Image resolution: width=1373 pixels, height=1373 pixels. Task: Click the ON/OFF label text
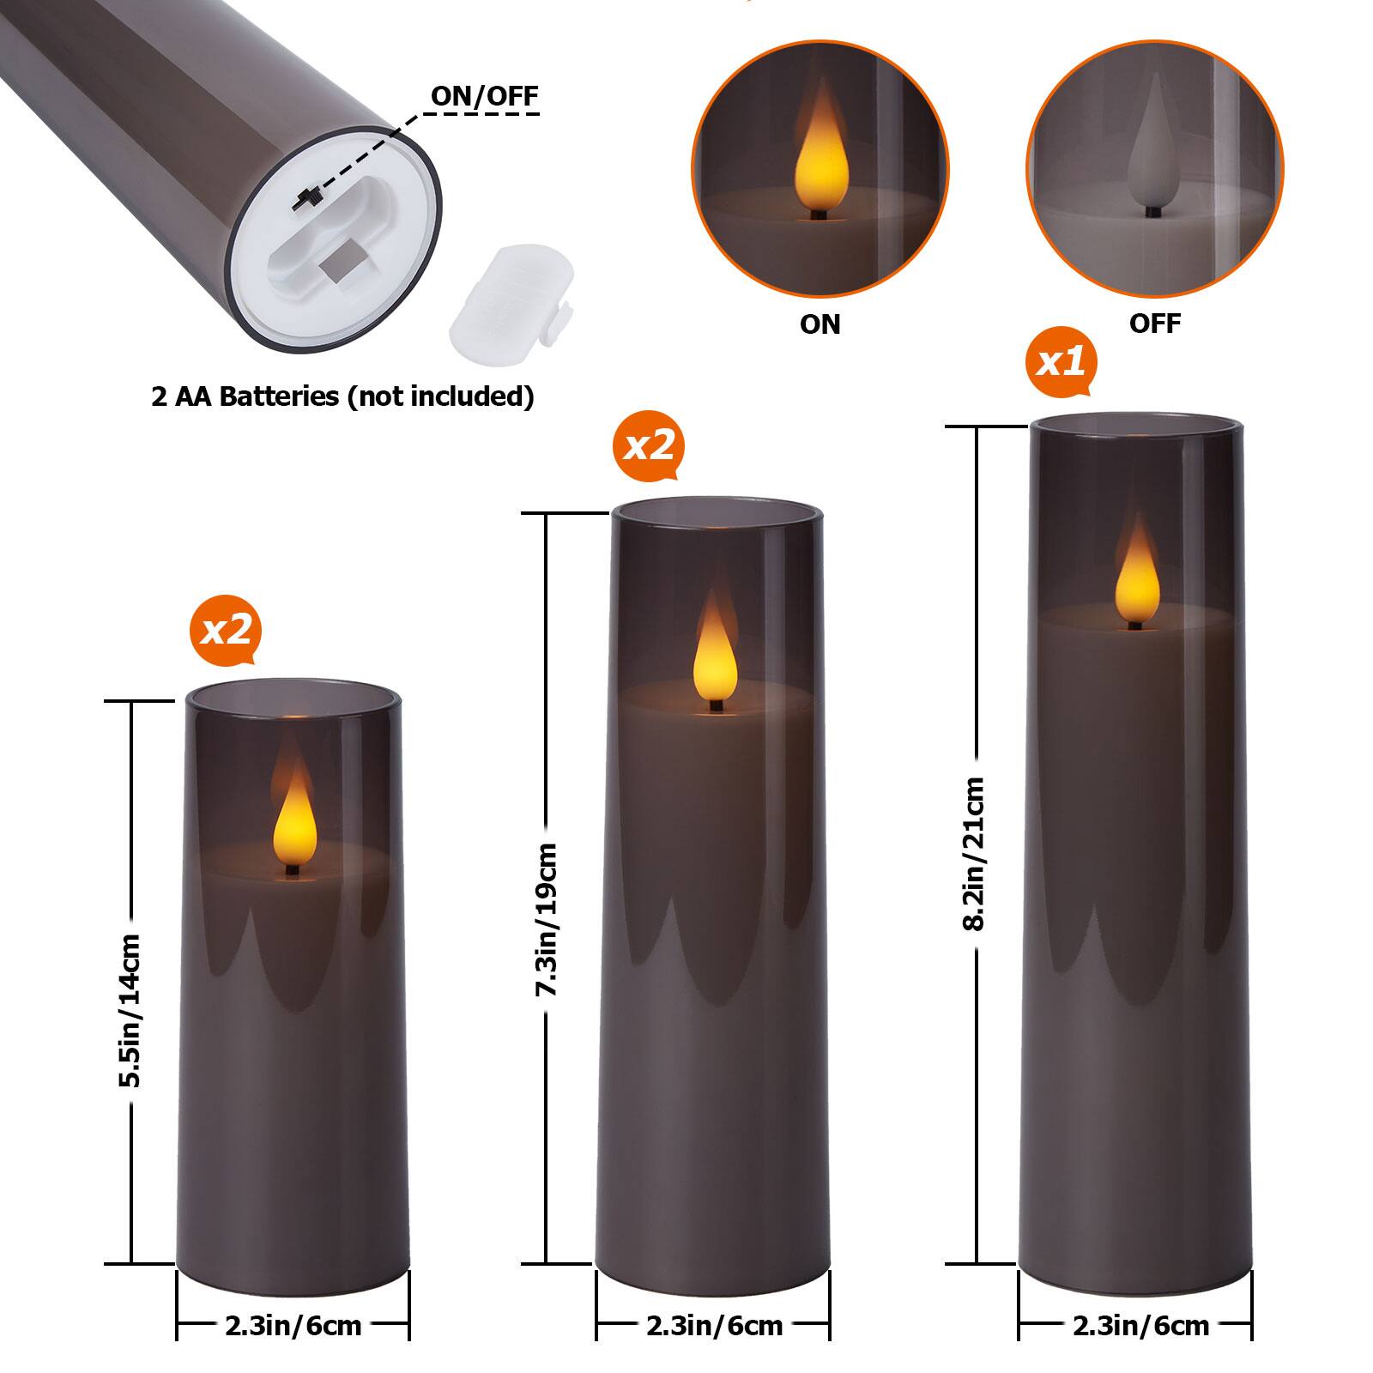484,95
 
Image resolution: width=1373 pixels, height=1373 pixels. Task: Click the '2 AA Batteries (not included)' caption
342,396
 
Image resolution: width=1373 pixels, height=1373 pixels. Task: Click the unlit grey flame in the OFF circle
1154,159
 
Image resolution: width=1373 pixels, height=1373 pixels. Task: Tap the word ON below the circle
820,324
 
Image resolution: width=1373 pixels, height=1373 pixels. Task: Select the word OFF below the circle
1154,324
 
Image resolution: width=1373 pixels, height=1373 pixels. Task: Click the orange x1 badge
1061,362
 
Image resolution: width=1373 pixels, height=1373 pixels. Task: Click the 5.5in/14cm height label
130,1010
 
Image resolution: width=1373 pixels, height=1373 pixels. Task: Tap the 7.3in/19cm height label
546,920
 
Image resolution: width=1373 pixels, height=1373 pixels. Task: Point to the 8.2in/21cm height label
975,854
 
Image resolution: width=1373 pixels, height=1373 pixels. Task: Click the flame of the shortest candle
294,822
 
